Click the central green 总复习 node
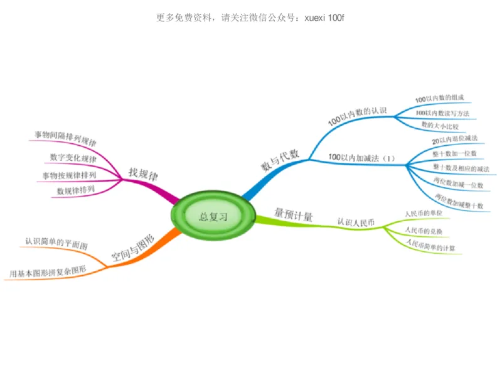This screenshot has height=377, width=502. (x=213, y=217)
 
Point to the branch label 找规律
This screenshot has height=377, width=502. (x=143, y=172)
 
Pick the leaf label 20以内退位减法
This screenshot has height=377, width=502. (x=455, y=139)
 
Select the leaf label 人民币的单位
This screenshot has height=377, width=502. (x=423, y=214)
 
